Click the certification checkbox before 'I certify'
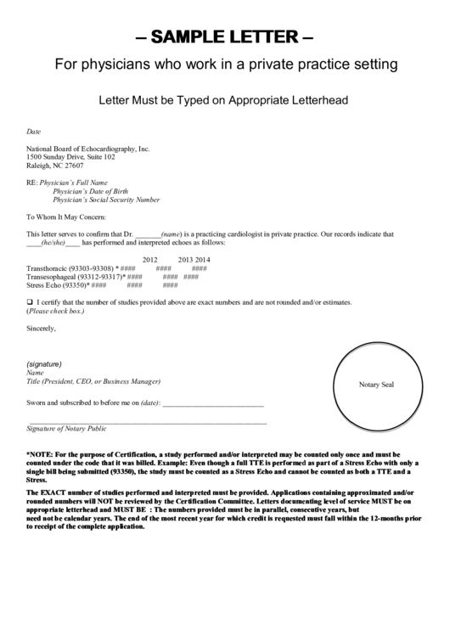pyautogui.click(x=30, y=302)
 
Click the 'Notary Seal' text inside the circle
pyautogui.click(x=376, y=385)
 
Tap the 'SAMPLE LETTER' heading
pyautogui.click(x=225, y=38)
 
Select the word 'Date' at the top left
pyautogui.click(x=33, y=132)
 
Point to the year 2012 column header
pyautogui.click(x=150, y=259)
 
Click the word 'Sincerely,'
pyautogui.click(x=42, y=327)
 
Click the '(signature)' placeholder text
pyautogui.click(x=44, y=363)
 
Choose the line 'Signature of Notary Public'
pyautogui.click(x=67, y=428)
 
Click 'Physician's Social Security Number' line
pyautogui.click(x=106, y=200)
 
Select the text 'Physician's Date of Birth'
pyautogui.click(x=92, y=191)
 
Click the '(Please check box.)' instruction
pyautogui.click(x=55, y=311)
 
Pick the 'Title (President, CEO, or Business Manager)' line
pyautogui.click(x=93, y=381)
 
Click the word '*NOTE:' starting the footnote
pyautogui.click(x=39, y=454)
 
